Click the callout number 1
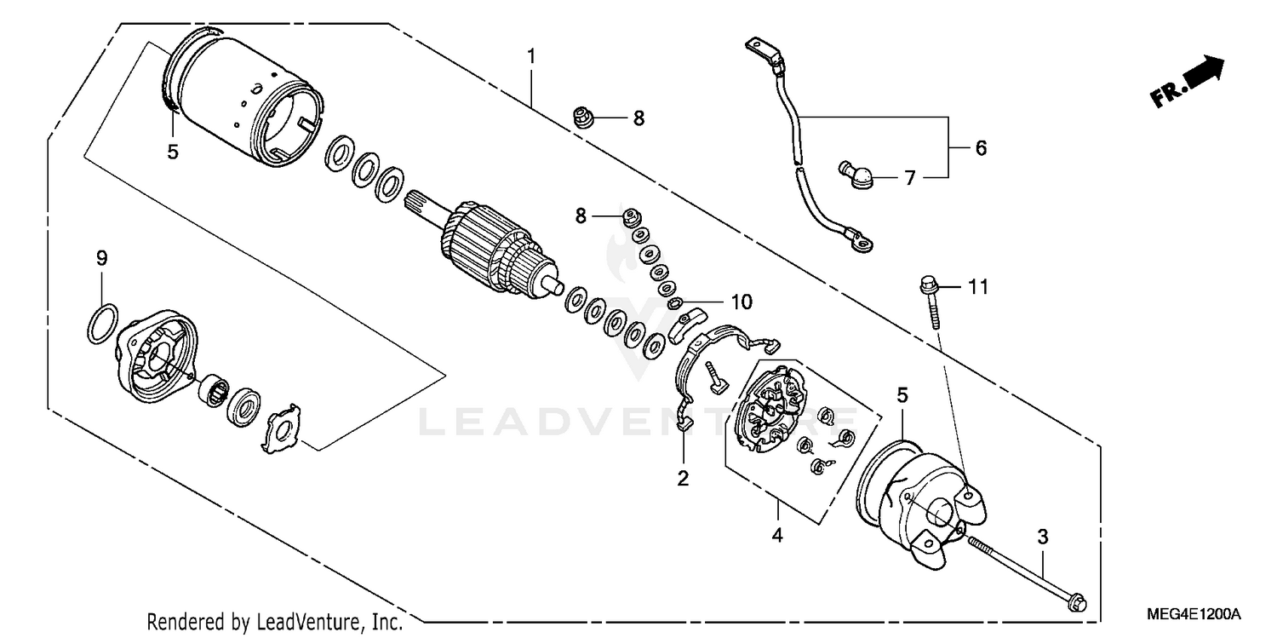530,57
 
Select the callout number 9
101,258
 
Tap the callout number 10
741,302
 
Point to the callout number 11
978,288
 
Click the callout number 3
1042,537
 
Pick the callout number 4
777,535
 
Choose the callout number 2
683,478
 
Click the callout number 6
981,148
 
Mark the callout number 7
909,178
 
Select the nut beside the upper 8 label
583,117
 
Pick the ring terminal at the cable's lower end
861,244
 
